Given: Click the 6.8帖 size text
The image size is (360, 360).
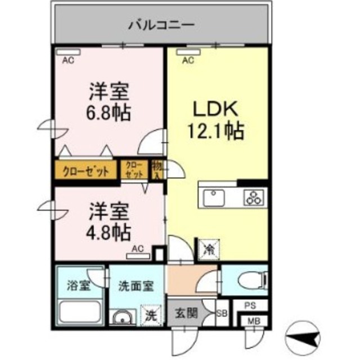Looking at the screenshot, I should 109,112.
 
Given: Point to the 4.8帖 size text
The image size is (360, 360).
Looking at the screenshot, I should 109,230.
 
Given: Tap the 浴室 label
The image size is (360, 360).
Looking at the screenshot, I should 78,285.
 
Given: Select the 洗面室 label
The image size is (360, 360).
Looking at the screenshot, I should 133,285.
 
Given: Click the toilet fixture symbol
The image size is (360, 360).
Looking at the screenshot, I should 250,280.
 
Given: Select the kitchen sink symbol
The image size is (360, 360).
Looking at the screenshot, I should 214,198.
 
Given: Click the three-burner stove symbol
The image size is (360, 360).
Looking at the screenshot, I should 251,198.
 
